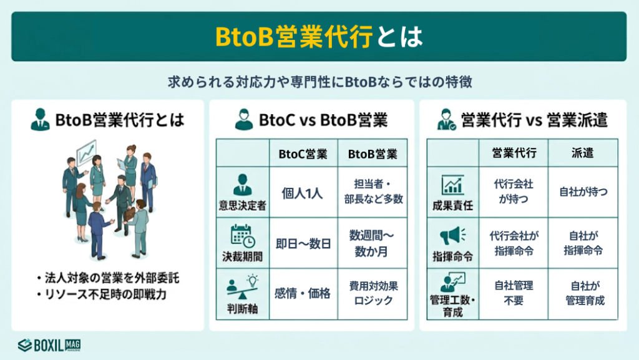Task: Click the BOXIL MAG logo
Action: (x=49, y=344)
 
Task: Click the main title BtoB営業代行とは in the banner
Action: (x=319, y=36)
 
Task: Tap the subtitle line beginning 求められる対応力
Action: (x=319, y=82)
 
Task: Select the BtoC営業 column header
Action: (x=302, y=153)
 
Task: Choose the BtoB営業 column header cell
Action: (x=373, y=153)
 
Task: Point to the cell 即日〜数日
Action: (x=303, y=243)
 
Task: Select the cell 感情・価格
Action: (x=303, y=293)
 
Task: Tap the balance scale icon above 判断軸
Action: (x=243, y=285)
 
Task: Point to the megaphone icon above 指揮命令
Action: (x=452, y=236)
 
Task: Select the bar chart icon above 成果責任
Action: (x=452, y=185)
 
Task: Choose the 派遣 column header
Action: (x=583, y=153)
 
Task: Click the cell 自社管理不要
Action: (x=514, y=293)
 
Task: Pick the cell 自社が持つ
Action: (x=583, y=192)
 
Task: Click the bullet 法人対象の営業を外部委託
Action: (x=108, y=277)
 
